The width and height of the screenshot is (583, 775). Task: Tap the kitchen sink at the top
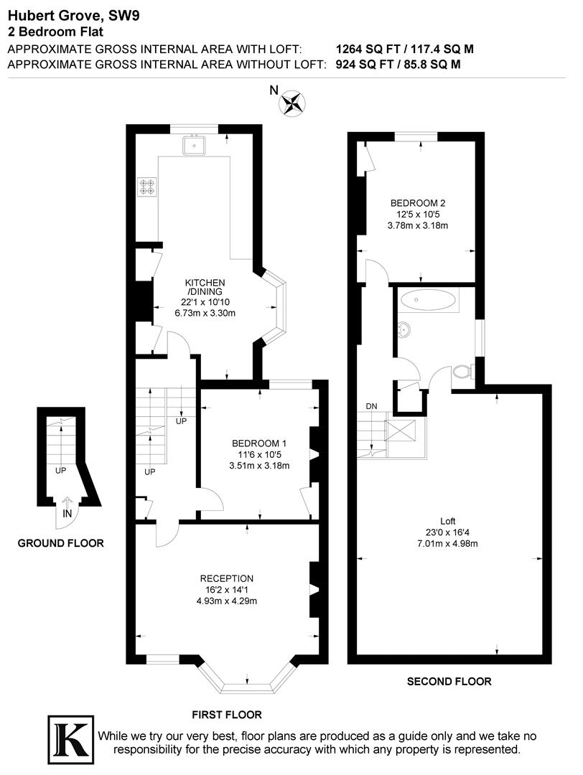(x=194, y=146)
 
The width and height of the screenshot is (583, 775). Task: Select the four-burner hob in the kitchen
(x=147, y=187)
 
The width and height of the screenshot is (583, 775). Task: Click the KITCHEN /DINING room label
(x=205, y=287)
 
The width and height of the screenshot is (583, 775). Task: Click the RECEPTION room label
(x=227, y=578)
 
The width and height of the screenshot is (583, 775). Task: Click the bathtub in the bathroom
(x=429, y=301)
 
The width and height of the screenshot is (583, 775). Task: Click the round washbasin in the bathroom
(x=406, y=329)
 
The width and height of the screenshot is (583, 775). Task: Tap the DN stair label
(x=371, y=406)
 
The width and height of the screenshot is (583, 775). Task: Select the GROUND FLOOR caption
(x=60, y=543)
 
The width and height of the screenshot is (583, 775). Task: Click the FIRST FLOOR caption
(x=226, y=715)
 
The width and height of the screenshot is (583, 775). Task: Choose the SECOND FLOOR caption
(x=449, y=682)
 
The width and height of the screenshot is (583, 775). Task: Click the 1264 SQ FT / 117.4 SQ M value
(x=405, y=50)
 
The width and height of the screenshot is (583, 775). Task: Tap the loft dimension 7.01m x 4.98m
(x=448, y=543)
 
